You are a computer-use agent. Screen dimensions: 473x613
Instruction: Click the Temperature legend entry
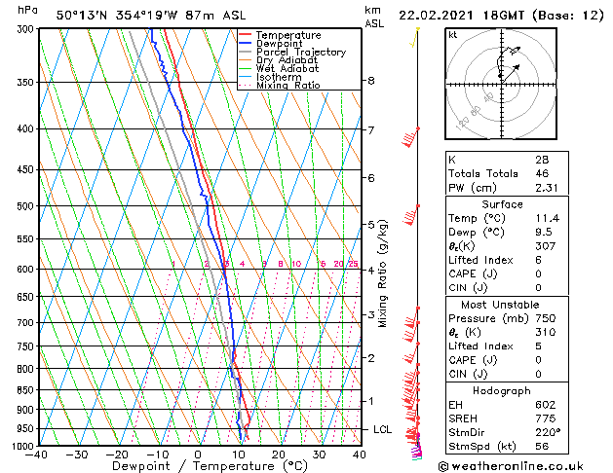[x=284, y=35]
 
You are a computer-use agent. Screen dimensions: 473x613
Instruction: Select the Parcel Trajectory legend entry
[x=300, y=53]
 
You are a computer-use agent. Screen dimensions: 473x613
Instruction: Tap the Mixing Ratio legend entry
[x=287, y=86]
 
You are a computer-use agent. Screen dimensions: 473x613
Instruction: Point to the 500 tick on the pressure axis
[x=22, y=206]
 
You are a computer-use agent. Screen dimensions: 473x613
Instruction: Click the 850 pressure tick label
[x=22, y=390]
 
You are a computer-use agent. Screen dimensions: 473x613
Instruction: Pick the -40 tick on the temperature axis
[x=37, y=455]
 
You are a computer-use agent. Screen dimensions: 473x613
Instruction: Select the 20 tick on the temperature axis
[x=278, y=455]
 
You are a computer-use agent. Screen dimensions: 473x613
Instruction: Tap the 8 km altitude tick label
[x=371, y=81]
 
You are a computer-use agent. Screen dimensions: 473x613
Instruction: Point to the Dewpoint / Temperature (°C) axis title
[x=199, y=467]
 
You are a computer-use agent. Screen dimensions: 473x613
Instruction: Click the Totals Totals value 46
[x=540, y=173]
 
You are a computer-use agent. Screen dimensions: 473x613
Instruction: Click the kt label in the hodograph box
[x=452, y=35]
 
